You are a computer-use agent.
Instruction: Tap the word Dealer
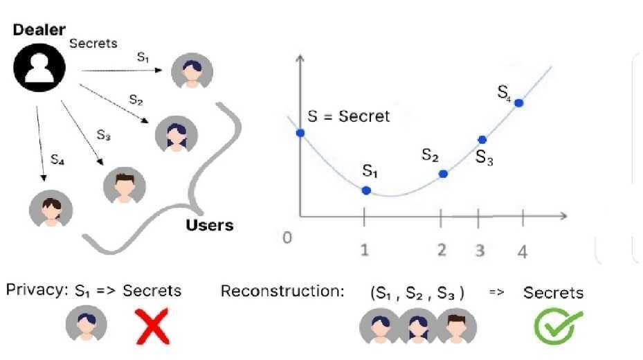[x=39, y=30]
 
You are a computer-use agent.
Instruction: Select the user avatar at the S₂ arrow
[x=176, y=133]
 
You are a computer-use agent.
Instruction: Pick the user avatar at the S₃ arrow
[x=124, y=185]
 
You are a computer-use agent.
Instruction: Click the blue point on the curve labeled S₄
[x=518, y=103]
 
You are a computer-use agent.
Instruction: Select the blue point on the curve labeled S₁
[x=366, y=190]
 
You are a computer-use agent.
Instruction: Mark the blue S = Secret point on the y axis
[x=300, y=132]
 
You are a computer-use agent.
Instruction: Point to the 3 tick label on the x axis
[x=480, y=251]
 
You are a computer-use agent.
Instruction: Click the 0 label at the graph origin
[x=288, y=237]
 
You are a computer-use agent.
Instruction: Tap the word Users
[x=210, y=225]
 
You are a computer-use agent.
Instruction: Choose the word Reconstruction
[x=282, y=291]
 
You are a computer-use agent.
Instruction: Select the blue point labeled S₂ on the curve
[x=444, y=174]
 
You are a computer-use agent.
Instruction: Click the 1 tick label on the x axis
[x=365, y=251]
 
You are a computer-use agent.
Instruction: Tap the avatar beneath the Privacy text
[x=87, y=324]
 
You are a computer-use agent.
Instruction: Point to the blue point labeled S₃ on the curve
[x=482, y=140]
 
